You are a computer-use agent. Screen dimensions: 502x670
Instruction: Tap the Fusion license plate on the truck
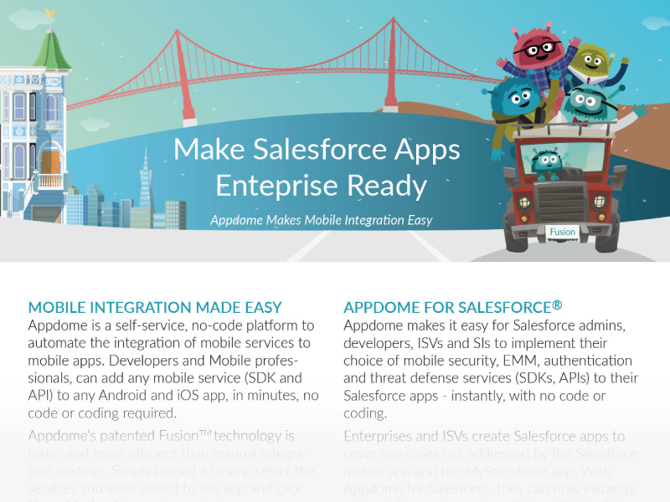(x=562, y=232)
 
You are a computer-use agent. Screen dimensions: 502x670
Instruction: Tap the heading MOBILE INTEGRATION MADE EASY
(x=155, y=307)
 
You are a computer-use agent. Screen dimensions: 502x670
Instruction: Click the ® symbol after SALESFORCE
(x=557, y=305)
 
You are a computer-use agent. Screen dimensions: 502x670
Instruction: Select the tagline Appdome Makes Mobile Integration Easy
(x=321, y=220)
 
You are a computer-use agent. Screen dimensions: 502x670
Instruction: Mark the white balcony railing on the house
(x=50, y=180)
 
